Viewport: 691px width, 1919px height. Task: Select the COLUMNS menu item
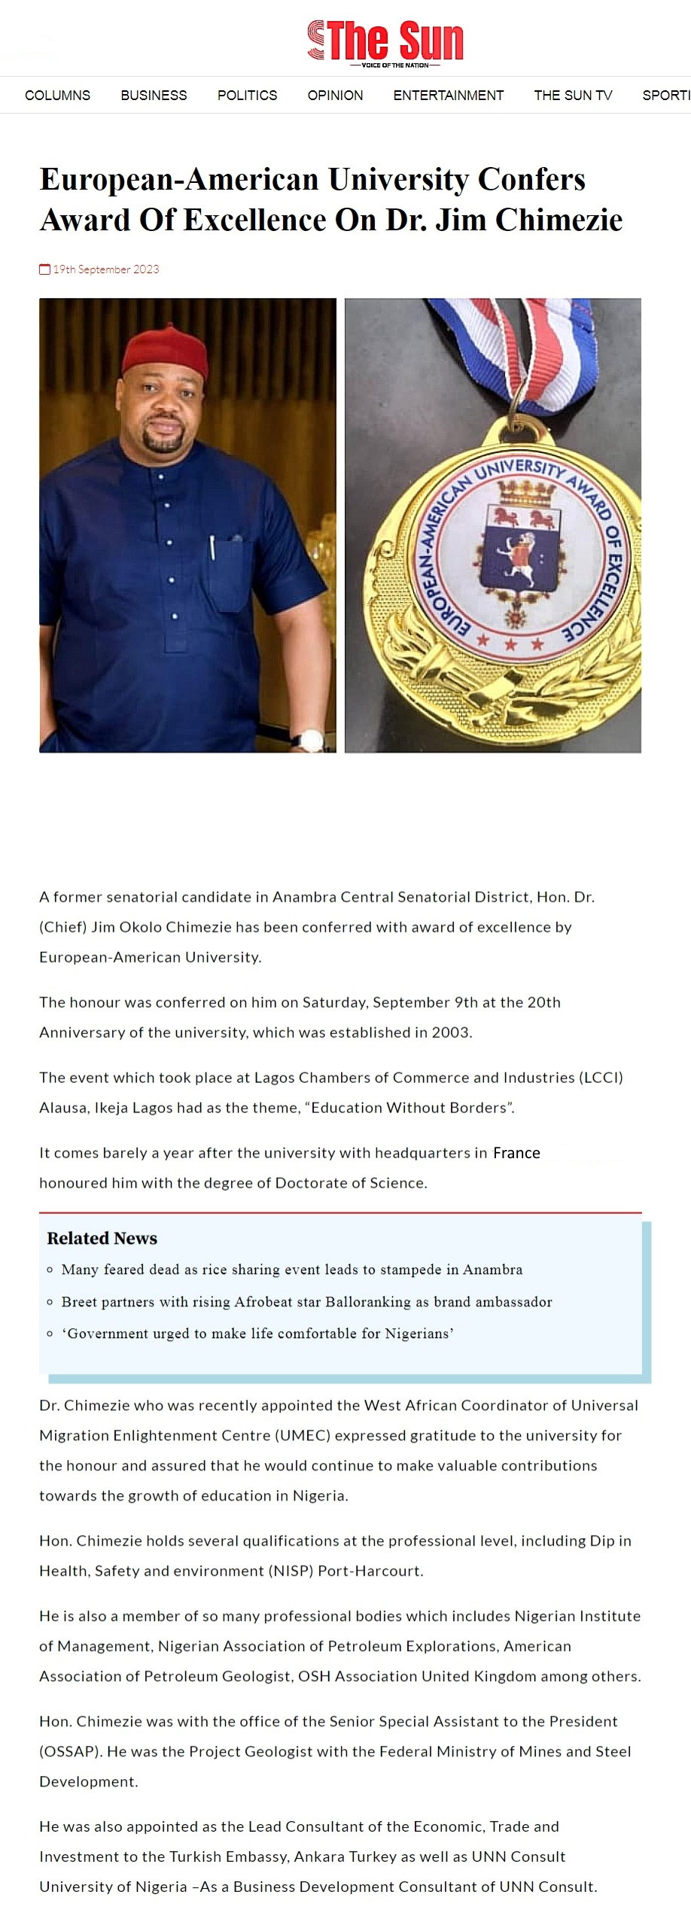click(57, 96)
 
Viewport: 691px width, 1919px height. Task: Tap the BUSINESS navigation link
click(154, 96)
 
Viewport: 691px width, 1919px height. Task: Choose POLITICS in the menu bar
click(247, 96)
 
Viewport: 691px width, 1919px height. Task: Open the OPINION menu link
click(335, 96)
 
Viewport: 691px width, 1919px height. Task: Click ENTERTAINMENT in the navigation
click(448, 96)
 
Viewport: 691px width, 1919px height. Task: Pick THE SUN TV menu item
click(573, 96)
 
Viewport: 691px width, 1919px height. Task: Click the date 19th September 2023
click(106, 269)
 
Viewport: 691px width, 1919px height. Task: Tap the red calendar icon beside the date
click(44, 269)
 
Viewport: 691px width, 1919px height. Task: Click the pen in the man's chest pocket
click(213, 547)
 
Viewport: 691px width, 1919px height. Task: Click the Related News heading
click(102, 1238)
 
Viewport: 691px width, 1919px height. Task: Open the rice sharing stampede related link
click(291, 1270)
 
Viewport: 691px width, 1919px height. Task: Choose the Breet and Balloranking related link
click(306, 1302)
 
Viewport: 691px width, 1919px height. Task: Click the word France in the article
click(516, 1153)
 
